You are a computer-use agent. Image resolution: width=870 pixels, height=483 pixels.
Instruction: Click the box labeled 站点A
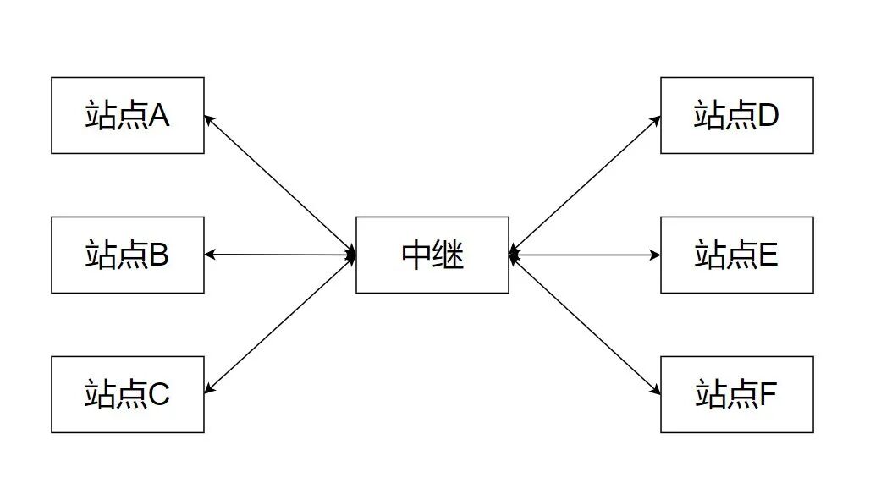(127, 115)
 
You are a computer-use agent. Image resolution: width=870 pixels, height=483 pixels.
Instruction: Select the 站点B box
(127, 255)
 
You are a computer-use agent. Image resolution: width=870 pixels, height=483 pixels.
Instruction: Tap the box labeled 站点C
(127, 394)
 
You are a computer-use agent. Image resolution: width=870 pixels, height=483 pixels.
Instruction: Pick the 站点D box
(736, 115)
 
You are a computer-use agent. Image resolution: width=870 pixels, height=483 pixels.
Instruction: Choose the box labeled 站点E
(736, 255)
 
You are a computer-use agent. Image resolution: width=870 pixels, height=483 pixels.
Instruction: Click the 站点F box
(736, 394)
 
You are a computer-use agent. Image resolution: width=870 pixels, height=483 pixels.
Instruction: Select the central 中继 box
(432, 255)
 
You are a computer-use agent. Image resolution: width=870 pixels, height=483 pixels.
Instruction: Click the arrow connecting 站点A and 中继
(280, 185)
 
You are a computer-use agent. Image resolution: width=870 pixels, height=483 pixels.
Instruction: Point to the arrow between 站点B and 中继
(280, 255)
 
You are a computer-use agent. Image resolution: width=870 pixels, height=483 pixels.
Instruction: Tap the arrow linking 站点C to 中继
(280, 324)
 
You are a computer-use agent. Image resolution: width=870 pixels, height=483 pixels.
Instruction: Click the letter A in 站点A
(159, 116)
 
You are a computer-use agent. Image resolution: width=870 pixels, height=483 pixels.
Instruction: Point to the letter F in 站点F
(768, 395)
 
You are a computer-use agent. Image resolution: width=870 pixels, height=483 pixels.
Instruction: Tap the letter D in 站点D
(768, 116)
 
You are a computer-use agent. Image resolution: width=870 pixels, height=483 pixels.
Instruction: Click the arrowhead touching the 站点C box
(209, 389)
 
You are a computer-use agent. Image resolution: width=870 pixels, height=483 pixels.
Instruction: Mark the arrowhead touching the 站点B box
(210, 255)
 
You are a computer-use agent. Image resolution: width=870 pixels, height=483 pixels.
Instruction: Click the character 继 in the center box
(449, 255)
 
